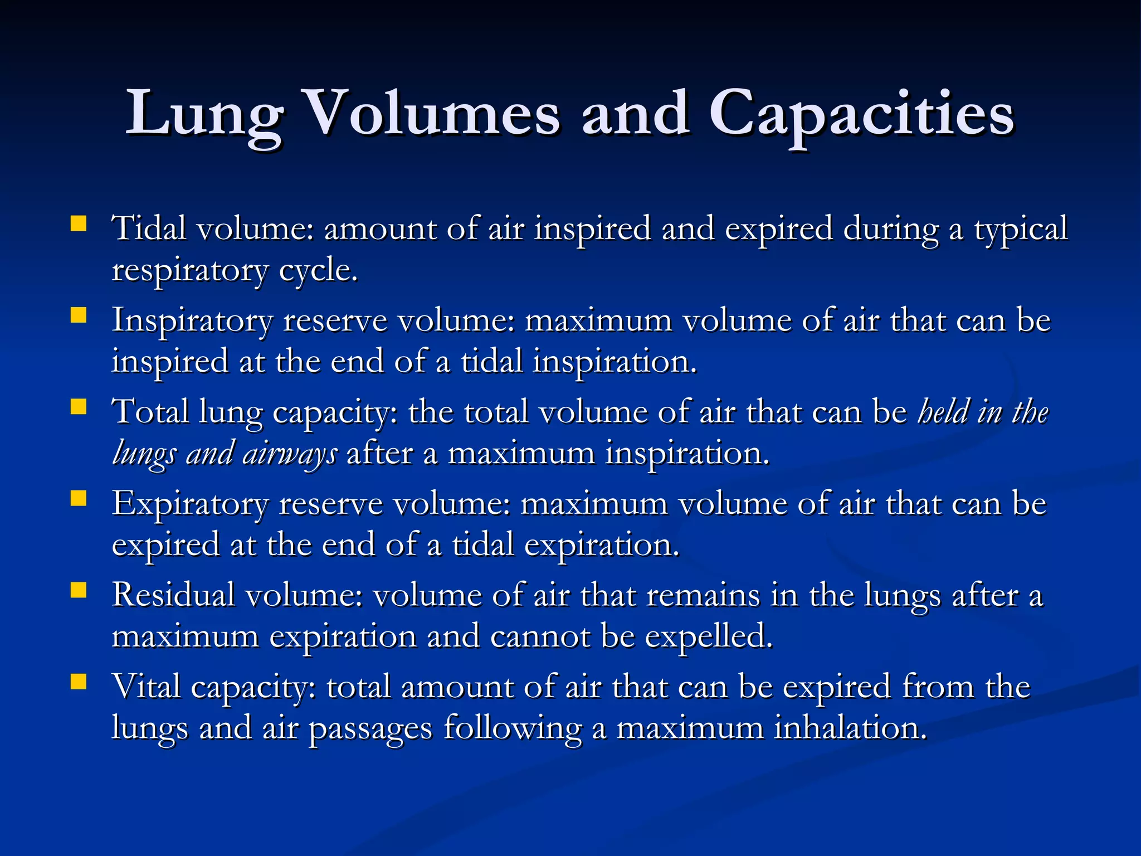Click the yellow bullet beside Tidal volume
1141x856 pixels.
[79, 224]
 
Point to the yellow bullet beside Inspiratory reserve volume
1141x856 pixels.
[79, 316]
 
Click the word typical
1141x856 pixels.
[1021, 230]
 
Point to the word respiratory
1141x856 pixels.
[189, 272]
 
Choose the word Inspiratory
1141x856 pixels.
[193, 322]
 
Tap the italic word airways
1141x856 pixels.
[290, 454]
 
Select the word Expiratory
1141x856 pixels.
[190, 505]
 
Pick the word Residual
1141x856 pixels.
[173, 595]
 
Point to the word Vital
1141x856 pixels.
[147, 687]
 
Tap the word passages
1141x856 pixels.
[370, 729]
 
